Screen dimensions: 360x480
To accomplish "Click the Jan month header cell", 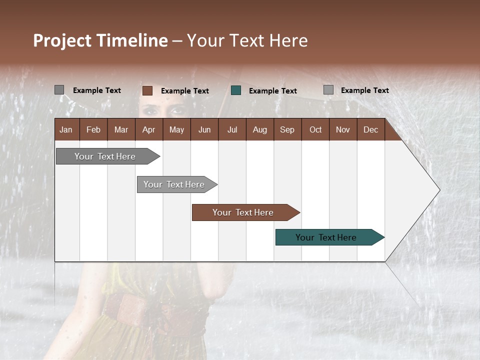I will (66, 129).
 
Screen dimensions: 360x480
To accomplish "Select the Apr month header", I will (148, 129).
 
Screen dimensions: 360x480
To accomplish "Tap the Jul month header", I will (232, 129).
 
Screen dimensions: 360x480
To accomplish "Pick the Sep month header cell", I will (287, 129).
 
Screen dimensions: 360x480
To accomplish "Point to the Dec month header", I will (370, 129).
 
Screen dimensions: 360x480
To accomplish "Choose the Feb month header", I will (93, 129).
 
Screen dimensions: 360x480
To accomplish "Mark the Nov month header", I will (342, 129).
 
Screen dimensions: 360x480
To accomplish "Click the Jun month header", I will (204, 129).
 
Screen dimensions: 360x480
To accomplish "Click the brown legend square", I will (147, 90).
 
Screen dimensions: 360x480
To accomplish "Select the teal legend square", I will (236, 90).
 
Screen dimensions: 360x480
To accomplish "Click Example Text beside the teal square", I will (272, 91).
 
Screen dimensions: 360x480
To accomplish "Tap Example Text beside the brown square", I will (184, 91).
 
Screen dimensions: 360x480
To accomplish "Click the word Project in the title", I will (62, 40).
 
